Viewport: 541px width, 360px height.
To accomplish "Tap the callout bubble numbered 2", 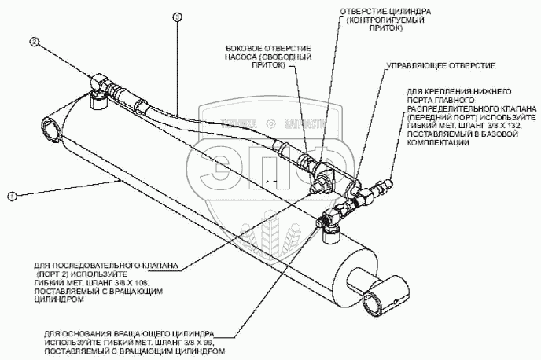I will [34, 41].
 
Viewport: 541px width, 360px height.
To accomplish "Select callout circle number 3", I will [177, 17].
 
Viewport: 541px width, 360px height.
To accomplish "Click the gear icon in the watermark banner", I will [270, 123].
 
